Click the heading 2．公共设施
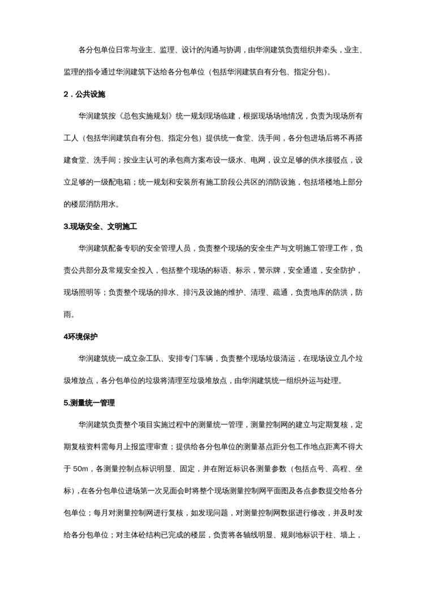click(x=84, y=94)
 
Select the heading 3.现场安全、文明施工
click(x=100, y=226)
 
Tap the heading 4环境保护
click(x=80, y=337)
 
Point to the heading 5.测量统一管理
click(x=89, y=403)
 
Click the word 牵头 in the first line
click(x=329, y=50)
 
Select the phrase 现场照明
click(x=78, y=292)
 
